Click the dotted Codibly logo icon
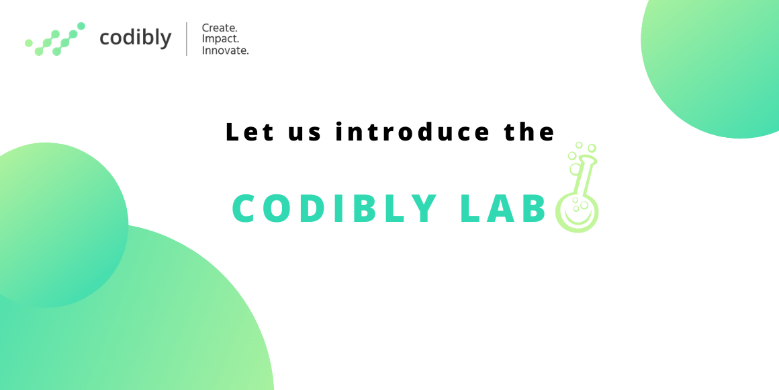pos(55,39)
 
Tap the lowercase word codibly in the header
pos(135,38)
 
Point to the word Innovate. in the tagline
pos(225,50)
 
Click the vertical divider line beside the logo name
pos(187,39)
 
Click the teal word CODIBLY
pos(335,209)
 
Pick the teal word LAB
pos(503,209)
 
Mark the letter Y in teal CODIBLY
pos(424,209)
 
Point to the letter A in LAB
pos(502,209)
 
